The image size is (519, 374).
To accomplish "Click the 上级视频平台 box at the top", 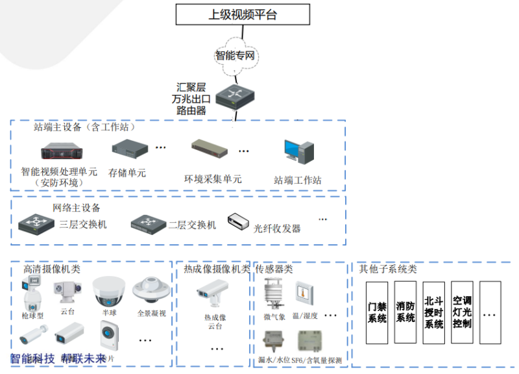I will tap(242, 14).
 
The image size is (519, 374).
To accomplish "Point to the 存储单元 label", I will tap(127, 173).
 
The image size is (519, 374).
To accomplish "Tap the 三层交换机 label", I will tap(82, 225).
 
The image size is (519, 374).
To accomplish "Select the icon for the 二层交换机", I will tap(147, 224).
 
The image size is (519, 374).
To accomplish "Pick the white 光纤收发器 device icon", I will tap(239, 222).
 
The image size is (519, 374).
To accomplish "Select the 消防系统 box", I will tap(405, 312).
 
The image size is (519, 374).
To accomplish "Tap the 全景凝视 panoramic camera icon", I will tap(146, 289).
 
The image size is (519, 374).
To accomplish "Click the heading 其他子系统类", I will tap(388, 269).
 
